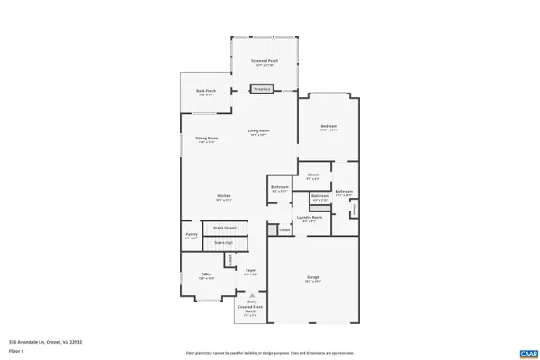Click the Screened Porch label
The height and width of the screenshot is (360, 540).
265,62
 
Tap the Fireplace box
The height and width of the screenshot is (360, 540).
262,89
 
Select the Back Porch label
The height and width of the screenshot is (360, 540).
206,92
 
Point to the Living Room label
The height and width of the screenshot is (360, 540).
259,132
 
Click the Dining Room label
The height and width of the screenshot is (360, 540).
206,139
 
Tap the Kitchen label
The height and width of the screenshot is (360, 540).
223,198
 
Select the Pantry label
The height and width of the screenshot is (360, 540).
191,237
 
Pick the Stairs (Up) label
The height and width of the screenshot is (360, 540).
223,242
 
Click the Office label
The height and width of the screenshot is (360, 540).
206,275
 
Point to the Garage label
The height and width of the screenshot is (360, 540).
313,278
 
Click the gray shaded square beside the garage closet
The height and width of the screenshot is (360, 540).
272,230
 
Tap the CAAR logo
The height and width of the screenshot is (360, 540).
527,352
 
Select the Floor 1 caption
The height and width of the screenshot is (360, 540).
15,351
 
